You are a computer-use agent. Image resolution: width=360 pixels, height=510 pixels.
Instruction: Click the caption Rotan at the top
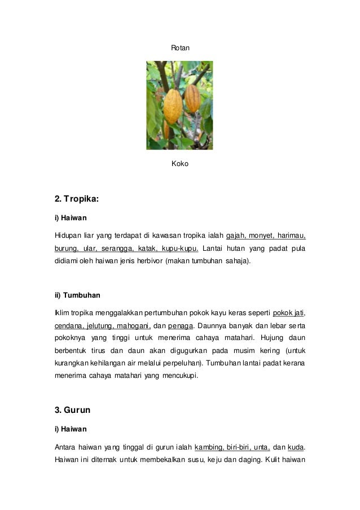(180, 49)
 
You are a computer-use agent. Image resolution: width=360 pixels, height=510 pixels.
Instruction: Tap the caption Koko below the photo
(179, 164)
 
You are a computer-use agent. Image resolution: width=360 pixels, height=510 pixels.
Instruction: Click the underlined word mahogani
(133, 326)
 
